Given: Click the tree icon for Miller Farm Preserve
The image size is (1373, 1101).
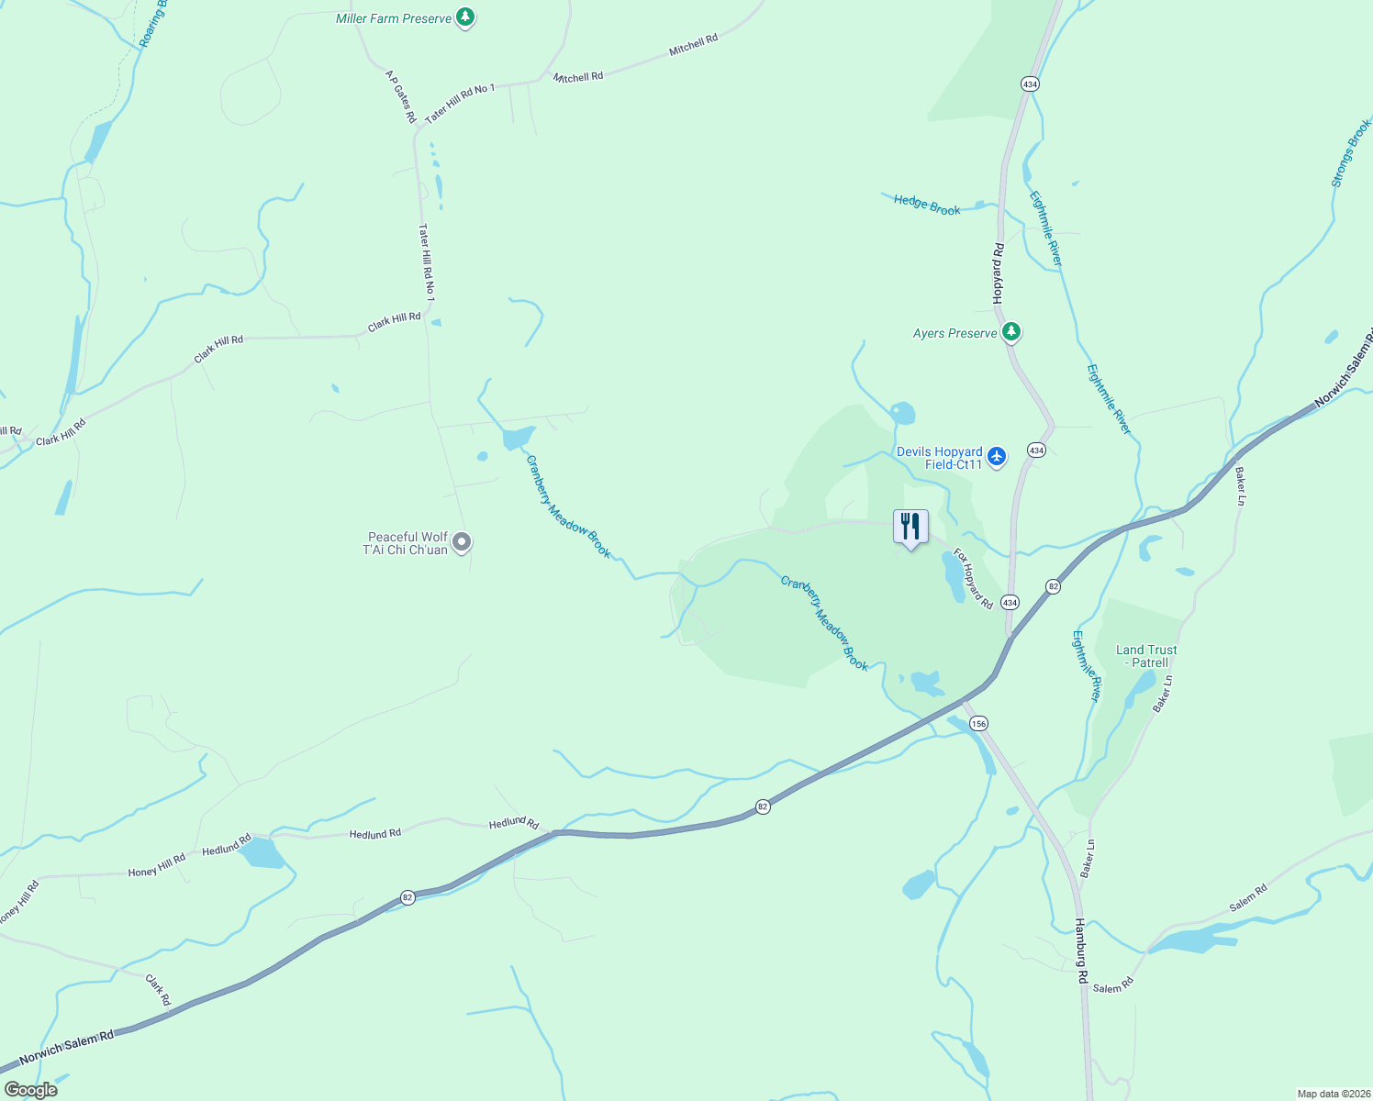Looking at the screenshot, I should [x=466, y=17].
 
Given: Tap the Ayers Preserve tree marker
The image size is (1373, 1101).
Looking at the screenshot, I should [x=1011, y=331].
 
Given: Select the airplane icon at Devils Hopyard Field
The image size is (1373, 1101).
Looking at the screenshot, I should [x=998, y=456].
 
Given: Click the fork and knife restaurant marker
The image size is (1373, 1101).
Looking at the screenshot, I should [x=910, y=528].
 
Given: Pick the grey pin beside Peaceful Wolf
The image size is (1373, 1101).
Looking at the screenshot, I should [x=463, y=542].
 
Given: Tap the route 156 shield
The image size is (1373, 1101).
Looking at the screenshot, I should [x=978, y=724].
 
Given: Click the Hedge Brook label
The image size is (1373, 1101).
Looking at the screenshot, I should [x=927, y=206].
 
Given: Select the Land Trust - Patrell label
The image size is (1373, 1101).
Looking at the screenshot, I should [x=1146, y=656].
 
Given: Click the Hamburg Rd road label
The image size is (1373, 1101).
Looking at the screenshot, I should [x=1081, y=951].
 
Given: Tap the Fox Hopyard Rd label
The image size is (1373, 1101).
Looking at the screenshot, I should [x=973, y=579].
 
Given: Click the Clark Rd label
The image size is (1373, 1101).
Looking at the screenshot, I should [x=158, y=990].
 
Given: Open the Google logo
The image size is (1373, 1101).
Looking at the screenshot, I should [x=30, y=1090].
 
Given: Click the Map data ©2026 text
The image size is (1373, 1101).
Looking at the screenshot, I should [x=1332, y=1094].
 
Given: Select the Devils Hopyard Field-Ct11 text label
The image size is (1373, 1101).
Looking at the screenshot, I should [x=939, y=458].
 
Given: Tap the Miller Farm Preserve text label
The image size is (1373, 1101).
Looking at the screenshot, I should [x=394, y=18].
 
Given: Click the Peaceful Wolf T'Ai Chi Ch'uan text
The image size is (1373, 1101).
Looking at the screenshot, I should [x=407, y=543].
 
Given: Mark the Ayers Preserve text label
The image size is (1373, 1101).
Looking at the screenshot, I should [x=954, y=333].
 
